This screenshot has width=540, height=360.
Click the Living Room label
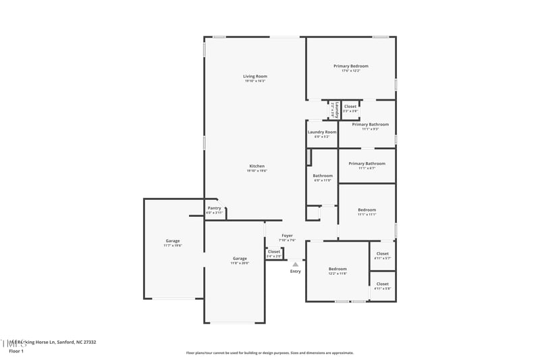tap(254, 76)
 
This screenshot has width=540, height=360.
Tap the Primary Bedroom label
tap(350, 66)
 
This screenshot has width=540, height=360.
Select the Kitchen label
tap(256, 166)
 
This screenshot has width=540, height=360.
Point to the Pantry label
tap(214, 208)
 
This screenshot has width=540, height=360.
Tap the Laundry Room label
tap(321, 132)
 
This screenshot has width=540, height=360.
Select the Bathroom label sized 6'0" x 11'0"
tap(323, 176)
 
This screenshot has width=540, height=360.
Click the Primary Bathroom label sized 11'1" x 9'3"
tap(370, 124)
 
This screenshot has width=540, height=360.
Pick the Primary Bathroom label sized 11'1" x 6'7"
tap(367, 163)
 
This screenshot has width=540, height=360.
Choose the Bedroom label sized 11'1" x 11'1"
tap(367, 210)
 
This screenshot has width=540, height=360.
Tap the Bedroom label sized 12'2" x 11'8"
tap(337, 269)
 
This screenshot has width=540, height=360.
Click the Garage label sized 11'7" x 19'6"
tap(173, 241)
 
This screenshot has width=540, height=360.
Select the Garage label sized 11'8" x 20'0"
tap(240, 258)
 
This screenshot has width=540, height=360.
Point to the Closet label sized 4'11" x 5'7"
tap(382, 254)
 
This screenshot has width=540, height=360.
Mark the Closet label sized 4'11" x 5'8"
tap(382, 284)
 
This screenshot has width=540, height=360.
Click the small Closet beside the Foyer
tap(273, 252)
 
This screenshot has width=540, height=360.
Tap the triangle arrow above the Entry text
tap(295, 264)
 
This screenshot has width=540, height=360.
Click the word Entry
tap(296, 271)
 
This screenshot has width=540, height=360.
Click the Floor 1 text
tap(16, 351)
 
